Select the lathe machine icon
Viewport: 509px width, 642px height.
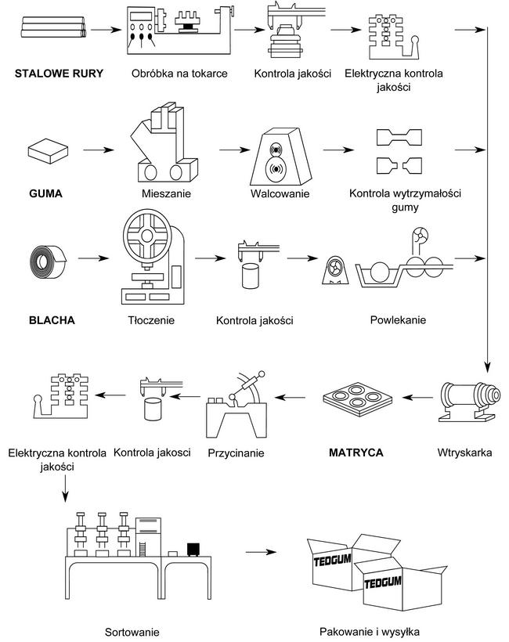point(179,31)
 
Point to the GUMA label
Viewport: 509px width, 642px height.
point(45,192)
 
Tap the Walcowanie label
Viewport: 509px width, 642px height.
point(280,193)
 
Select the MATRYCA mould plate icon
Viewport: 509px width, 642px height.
point(356,400)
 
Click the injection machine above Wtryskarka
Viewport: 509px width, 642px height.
point(466,399)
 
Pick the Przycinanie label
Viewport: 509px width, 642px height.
point(236,453)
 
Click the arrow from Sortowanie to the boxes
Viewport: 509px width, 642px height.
point(261,552)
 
